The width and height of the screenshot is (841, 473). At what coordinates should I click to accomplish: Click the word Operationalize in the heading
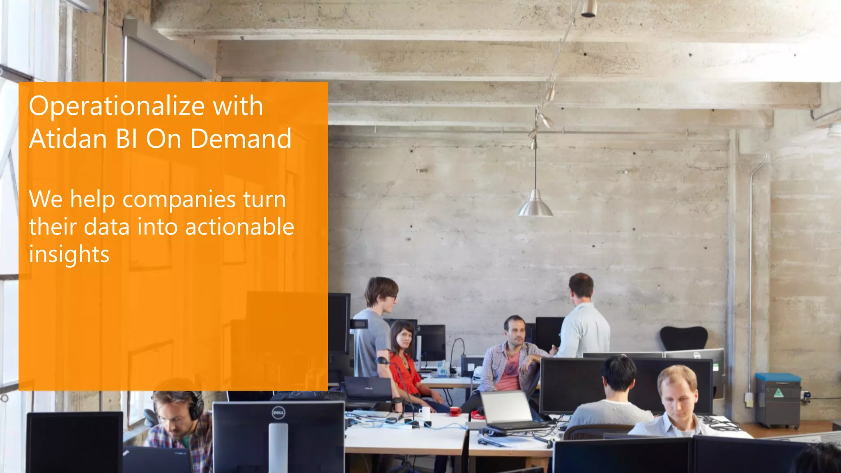point(117,106)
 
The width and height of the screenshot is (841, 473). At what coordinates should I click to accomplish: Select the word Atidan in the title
point(68,139)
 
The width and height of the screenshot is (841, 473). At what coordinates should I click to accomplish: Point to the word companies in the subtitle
point(179,200)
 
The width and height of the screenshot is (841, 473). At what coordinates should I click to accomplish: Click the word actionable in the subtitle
point(239,227)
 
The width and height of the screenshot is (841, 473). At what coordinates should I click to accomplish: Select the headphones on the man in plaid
point(198,404)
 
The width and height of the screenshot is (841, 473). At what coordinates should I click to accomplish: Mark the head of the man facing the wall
point(581,286)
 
